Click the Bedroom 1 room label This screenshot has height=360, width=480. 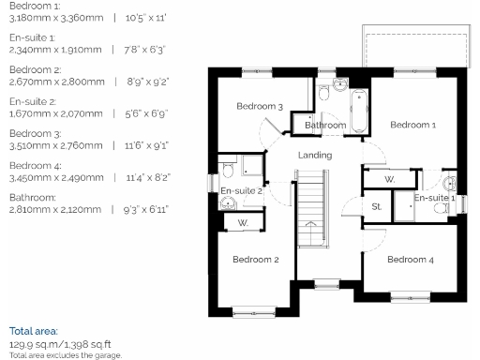[412, 125]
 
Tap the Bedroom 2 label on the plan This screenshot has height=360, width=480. [256, 259]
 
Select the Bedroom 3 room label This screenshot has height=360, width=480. [260, 107]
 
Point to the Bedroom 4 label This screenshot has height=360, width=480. [411, 259]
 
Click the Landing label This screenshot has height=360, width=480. [315, 155]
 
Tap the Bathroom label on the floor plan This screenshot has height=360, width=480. [325, 125]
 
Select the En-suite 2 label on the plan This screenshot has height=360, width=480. [241, 191]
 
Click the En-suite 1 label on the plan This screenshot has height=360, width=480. [434, 198]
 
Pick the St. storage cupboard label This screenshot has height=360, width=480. [377, 206]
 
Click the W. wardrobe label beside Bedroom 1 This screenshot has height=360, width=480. [390, 177]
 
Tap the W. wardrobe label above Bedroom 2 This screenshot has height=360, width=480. [242, 223]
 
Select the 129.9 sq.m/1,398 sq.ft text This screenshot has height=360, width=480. [59, 344]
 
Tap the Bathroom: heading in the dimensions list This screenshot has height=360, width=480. [31, 198]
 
